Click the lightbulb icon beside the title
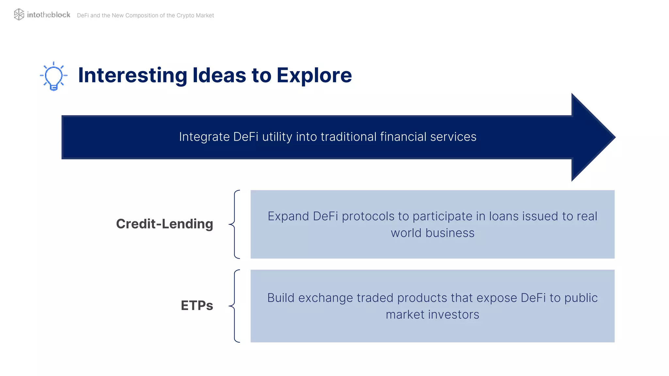(54, 76)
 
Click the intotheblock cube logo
(19, 14)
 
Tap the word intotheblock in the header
(48, 15)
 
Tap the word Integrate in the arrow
(204, 137)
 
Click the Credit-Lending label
(164, 224)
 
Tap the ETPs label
(197, 305)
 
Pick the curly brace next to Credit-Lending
(235, 224)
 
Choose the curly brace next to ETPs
(235, 306)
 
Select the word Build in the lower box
(281, 298)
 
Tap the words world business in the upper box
(432, 233)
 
